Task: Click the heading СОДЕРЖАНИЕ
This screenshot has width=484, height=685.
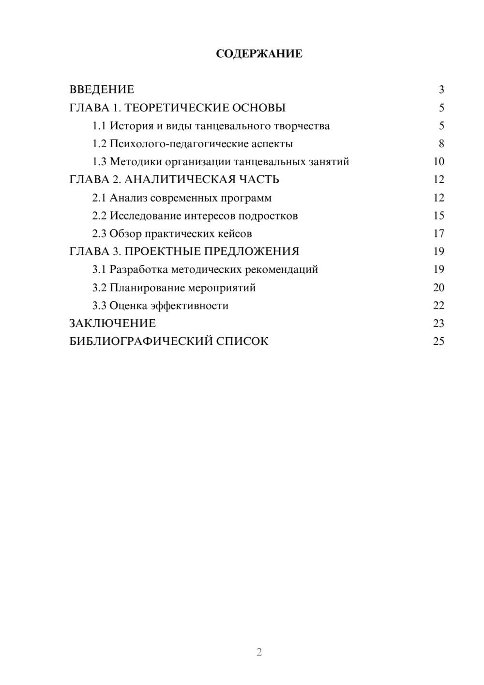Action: point(259,54)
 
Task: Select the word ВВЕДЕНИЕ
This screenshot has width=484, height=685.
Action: point(102,90)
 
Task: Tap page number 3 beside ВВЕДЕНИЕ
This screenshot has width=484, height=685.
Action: point(441,90)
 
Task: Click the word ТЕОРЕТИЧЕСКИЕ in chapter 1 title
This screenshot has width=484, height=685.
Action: point(177,108)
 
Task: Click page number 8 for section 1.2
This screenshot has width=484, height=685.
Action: point(441,144)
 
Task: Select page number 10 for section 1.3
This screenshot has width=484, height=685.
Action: point(439,162)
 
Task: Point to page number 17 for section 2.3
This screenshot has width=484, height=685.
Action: point(439,234)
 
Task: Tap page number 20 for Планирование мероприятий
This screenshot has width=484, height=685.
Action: point(439,288)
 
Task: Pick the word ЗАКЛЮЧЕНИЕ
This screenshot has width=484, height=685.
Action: point(112,323)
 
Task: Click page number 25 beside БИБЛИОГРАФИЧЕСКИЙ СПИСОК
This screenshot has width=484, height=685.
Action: point(439,342)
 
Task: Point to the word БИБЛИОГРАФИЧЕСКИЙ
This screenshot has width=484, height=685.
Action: point(141,342)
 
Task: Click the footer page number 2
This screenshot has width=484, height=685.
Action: point(259,652)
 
